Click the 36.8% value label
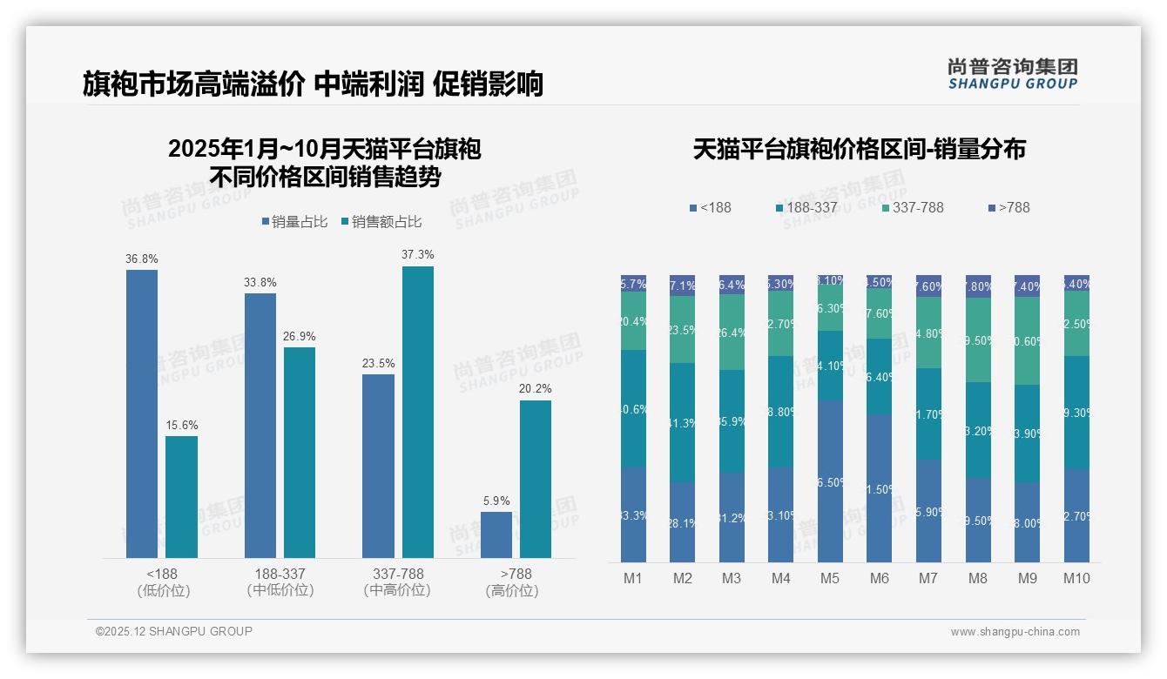point(142,259)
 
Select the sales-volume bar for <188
point(142,413)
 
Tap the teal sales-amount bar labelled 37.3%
point(417,412)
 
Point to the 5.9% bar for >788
point(496,534)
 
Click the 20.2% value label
point(536,389)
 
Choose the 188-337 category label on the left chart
point(280,575)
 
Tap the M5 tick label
point(830,578)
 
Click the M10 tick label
point(1076,578)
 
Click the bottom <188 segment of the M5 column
point(830,481)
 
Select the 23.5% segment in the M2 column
point(682,329)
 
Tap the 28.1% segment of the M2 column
point(682,522)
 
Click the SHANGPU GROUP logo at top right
point(1012,74)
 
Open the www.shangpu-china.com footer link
point(1015,632)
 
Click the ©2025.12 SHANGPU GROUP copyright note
point(174,631)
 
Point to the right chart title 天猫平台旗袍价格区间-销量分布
point(859,149)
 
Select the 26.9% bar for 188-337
point(300,453)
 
